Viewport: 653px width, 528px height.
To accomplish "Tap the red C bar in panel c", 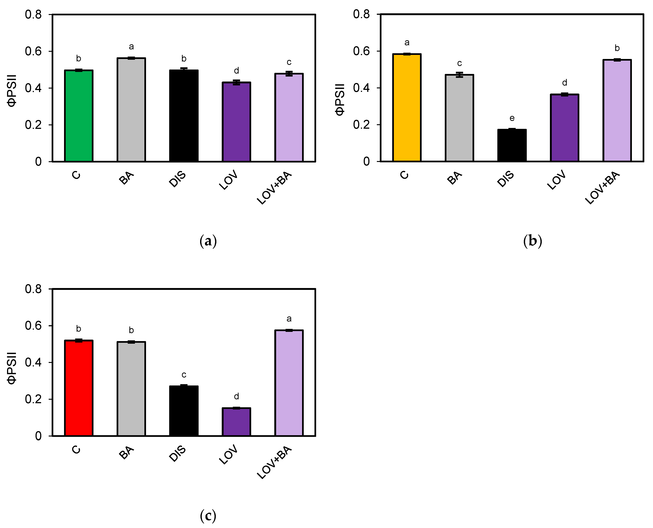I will pyautogui.click(x=78, y=388).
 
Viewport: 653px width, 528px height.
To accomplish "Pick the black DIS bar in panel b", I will pyautogui.click(x=512, y=145).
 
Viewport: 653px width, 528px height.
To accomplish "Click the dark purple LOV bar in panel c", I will pyautogui.click(x=236, y=422).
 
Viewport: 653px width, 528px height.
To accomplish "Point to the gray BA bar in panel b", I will pyautogui.click(x=459, y=118).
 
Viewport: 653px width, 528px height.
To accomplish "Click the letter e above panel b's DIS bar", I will pyautogui.click(x=512, y=118).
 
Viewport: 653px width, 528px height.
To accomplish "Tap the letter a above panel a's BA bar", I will pyautogui.click(x=131, y=47).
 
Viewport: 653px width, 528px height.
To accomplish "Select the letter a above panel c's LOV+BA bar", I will pyautogui.click(x=289, y=319).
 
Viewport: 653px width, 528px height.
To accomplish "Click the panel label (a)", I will pyautogui.click(x=208, y=241).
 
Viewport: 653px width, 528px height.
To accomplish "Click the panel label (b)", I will pyautogui.click(x=533, y=241).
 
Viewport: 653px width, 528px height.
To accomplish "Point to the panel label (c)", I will pyautogui.click(x=208, y=516).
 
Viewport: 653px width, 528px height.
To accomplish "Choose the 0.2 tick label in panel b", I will pyautogui.click(x=361, y=125).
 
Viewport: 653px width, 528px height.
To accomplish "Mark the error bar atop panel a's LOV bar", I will pyautogui.click(x=236, y=82).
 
